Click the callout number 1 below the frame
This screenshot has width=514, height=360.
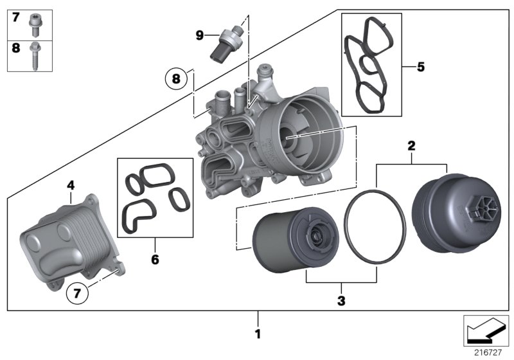point(258,334)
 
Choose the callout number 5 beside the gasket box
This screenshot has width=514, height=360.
point(421,66)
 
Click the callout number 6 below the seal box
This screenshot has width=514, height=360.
point(155,260)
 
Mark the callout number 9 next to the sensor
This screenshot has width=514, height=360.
point(200,35)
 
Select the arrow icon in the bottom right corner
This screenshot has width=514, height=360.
point(486,332)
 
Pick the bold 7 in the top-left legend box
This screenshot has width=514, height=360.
point(15,17)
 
